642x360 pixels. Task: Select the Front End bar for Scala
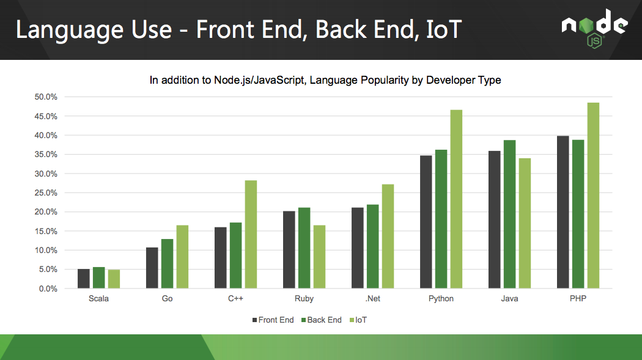pos(84,279)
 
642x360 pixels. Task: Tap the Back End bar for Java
pos(509,215)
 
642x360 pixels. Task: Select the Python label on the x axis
pos(441,299)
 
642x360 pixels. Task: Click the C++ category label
pos(236,299)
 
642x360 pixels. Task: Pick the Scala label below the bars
pos(98,299)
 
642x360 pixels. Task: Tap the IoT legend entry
pos(359,320)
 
